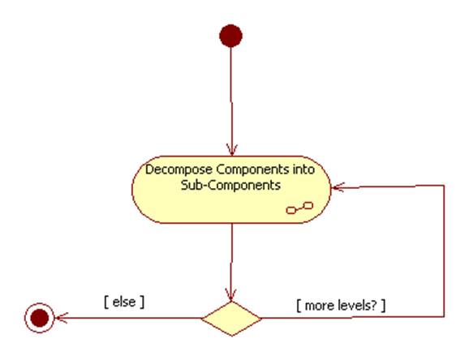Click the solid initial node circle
[x=230, y=36]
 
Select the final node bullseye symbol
[x=40, y=318]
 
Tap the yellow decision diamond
[x=231, y=319]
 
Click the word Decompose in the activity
[x=179, y=169]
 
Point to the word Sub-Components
[x=230, y=185]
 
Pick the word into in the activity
[x=303, y=169]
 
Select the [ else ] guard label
[x=124, y=302]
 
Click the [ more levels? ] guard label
[x=341, y=306]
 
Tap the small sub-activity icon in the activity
[x=299, y=208]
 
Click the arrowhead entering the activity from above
[x=232, y=150]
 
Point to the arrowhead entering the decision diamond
[x=231, y=295]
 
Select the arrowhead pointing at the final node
[x=62, y=318]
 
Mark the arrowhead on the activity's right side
[x=338, y=187]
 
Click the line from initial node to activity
[x=231, y=101]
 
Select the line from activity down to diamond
[x=231, y=262]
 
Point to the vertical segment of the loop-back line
[x=444, y=251]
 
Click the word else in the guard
[x=124, y=302]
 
